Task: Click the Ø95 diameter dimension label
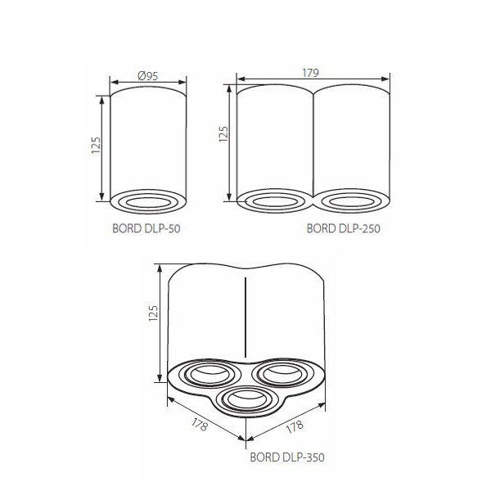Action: click(x=148, y=76)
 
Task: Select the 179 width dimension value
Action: click(x=311, y=73)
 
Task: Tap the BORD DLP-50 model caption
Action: click(x=146, y=228)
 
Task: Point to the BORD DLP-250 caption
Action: click(x=343, y=228)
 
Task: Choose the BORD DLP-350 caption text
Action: click(x=287, y=457)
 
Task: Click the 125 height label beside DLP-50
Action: click(x=96, y=146)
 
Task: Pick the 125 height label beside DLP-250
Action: click(x=223, y=134)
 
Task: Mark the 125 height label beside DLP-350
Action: click(x=153, y=313)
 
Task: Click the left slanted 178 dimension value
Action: click(x=199, y=425)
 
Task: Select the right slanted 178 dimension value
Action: click(x=295, y=426)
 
